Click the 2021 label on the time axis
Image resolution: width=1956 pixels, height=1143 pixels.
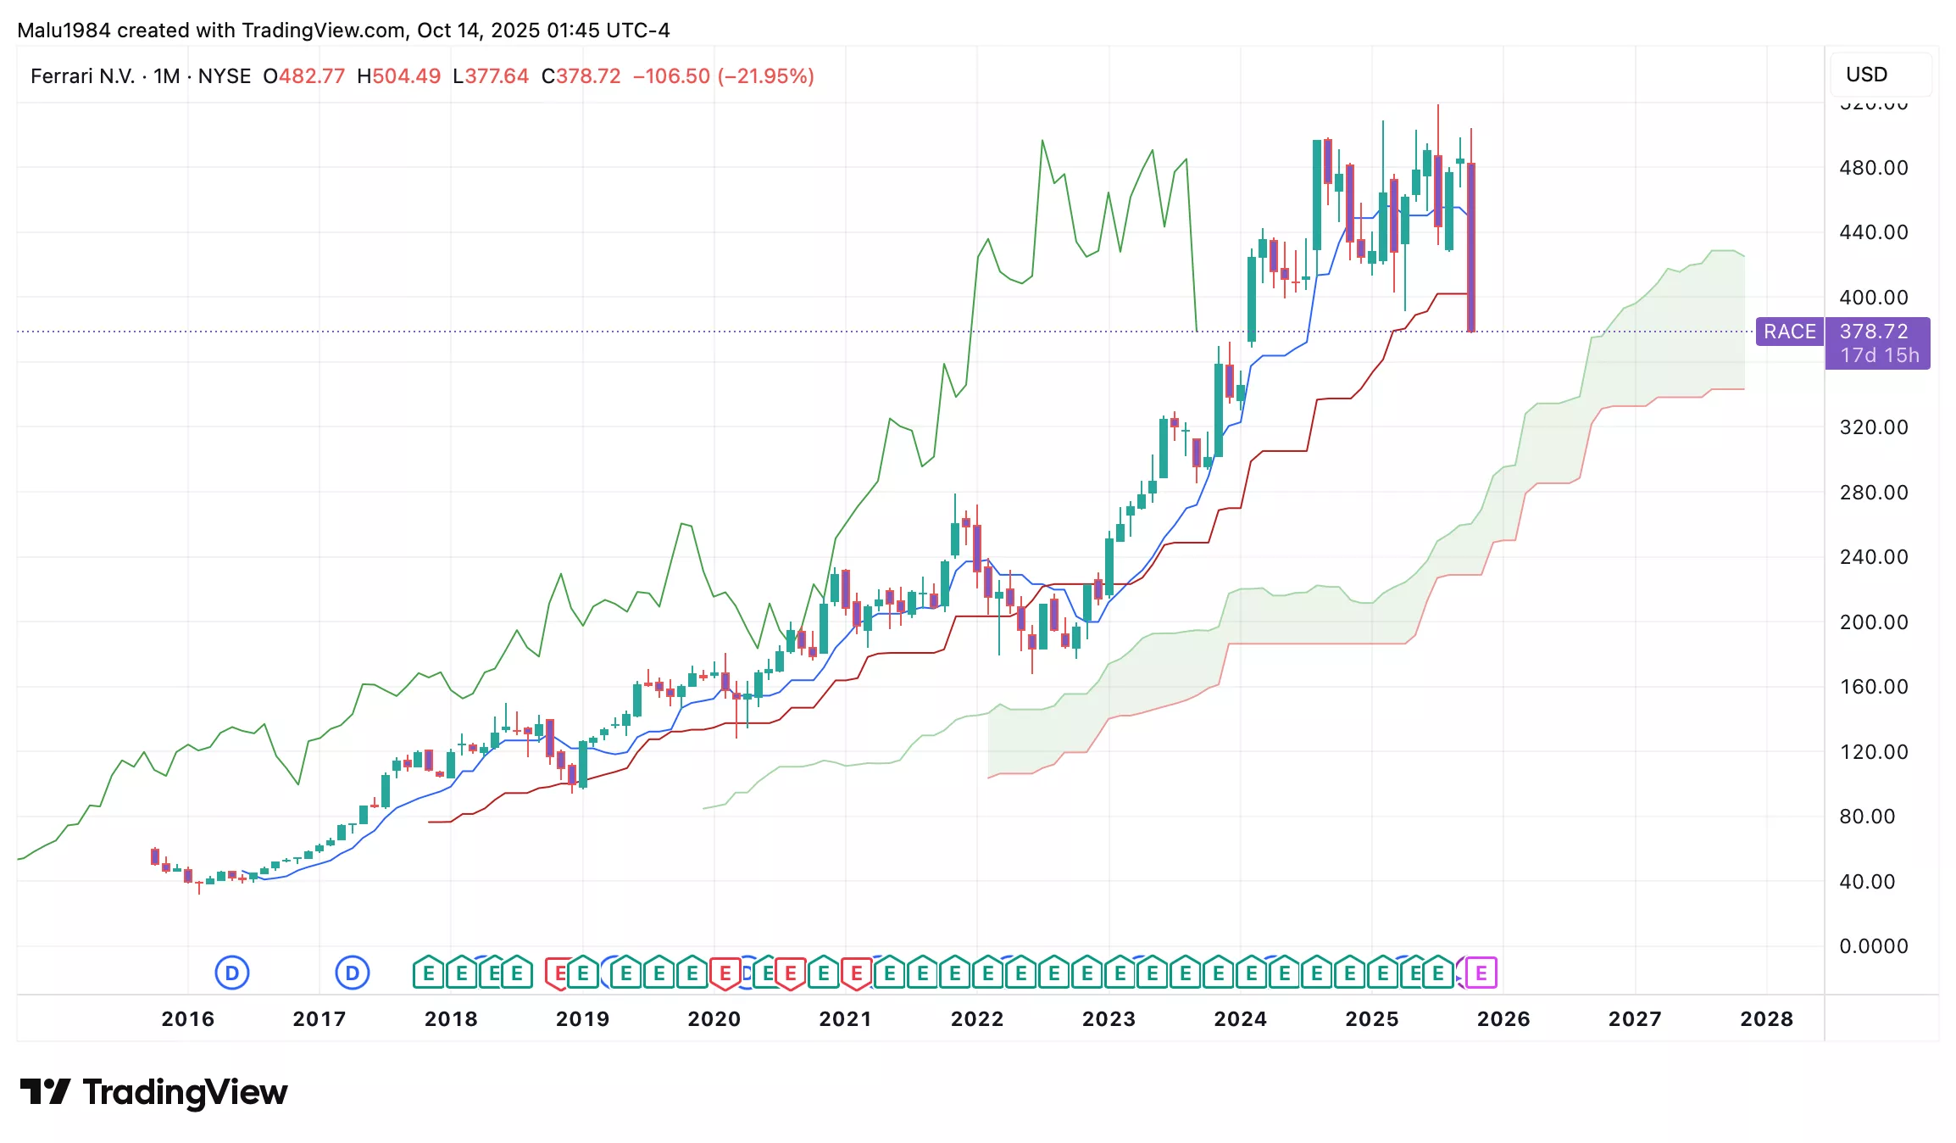point(845,1018)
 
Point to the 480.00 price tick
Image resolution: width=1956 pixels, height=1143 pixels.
point(1873,168)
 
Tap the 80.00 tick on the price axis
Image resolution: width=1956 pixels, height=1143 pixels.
point(1867,817)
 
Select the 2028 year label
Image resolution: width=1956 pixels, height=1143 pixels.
point(1766,1018)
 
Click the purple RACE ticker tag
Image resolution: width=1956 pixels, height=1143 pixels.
point(1789,332)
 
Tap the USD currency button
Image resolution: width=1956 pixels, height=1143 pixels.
point(1866,75)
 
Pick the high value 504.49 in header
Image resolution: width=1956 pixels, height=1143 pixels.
point(407,76)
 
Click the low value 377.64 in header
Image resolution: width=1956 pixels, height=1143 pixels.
point(497,76)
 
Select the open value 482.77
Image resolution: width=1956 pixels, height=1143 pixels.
point(312,76)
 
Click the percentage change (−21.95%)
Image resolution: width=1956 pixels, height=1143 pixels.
point(766,76)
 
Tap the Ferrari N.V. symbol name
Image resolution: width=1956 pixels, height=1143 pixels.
point(83,76)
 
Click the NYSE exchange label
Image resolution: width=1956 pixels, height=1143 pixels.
point(225,76)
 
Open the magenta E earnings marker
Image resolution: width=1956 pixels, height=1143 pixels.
point(1481,973)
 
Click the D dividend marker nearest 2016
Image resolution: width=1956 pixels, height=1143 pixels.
point(232,973)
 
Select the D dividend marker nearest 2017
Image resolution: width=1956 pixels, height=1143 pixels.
point(353,973)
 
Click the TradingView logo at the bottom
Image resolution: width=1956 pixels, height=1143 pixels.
point(153,1092)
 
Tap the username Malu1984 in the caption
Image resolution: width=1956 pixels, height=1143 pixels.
point(64,31)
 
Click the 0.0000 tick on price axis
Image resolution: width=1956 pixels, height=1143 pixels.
point(1873,946)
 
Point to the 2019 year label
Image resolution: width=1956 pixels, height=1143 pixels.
point(582,1018)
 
